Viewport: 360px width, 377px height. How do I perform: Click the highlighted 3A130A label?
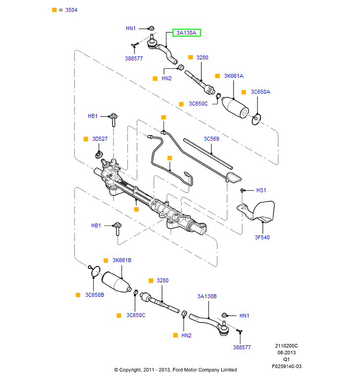(x=186, y=33)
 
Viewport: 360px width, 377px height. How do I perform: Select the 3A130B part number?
(x=207, y=296)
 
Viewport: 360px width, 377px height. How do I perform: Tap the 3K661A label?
(x=234, y=76)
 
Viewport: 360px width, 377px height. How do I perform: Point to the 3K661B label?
(x=122, y=260)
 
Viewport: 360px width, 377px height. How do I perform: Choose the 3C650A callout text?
(x=261, y=92)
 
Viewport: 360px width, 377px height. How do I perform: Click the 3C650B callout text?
(x=95, y=295)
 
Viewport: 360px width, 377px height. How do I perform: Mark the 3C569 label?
(x=212, y=139)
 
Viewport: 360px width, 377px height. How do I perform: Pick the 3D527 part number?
(x=100, y=139)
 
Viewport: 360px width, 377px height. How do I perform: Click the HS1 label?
(x=261, y=190)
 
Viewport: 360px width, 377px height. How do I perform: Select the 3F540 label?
(x=262, y=237)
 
